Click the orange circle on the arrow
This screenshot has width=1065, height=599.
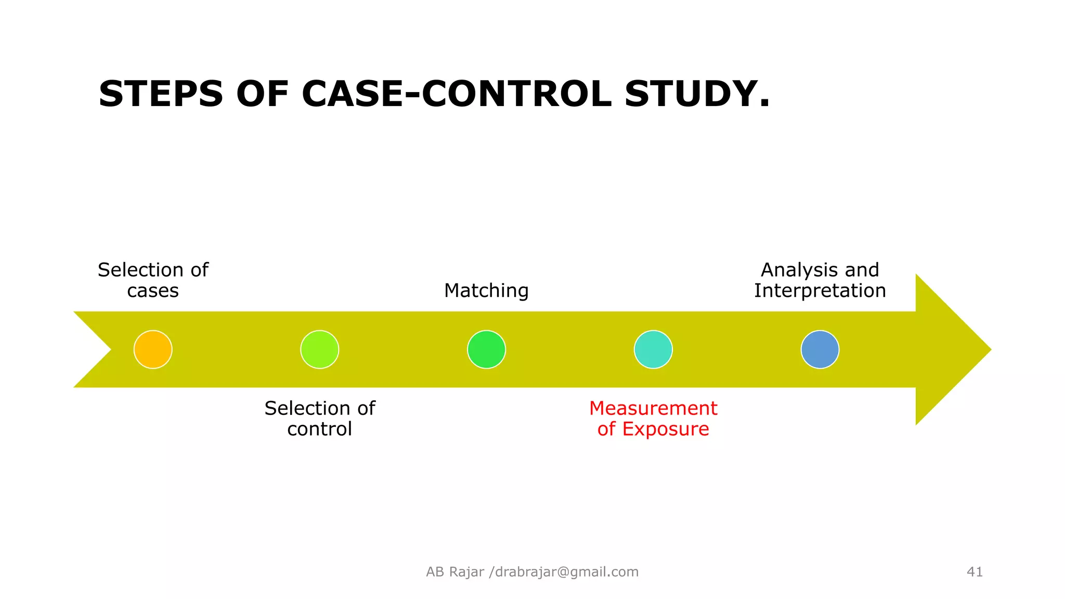tap(153, 349)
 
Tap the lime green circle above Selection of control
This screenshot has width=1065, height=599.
tap(320, 349)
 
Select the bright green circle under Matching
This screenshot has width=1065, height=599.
tap(486, 349)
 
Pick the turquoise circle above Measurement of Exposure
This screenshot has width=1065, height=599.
tap(653, 349)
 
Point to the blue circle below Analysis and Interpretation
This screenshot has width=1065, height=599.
tap(820, 349)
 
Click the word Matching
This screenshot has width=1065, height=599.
tap(486, 291)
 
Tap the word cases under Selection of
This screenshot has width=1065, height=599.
tap(153, 291)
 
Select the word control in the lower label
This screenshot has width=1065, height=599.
tap(320, 429)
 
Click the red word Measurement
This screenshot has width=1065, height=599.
tap(653, 408)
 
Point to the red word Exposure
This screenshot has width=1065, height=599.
tap(666, 429)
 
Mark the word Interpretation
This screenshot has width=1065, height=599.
tap(820, 291)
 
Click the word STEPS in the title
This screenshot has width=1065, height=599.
tap(161, 94)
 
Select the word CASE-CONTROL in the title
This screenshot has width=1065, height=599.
tap(457, 94)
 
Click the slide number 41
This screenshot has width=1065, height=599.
tap(975, 572)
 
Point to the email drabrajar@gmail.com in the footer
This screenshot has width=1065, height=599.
tap(567, 572)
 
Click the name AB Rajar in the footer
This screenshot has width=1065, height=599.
tap(455, 572)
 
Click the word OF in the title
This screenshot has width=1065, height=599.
tap(262, 94)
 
